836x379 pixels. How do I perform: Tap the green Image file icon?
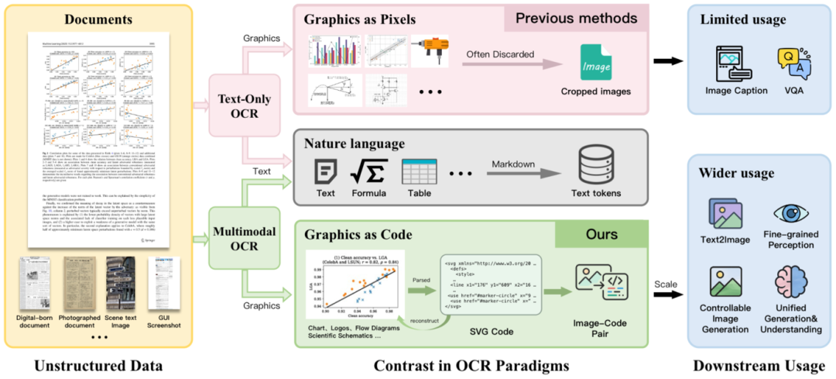tap(595, 60)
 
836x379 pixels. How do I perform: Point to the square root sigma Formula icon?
tap(369, 169)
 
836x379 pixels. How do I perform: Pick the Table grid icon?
tap(416, 169)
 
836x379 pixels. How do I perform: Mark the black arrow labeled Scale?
tap(667, 295)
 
